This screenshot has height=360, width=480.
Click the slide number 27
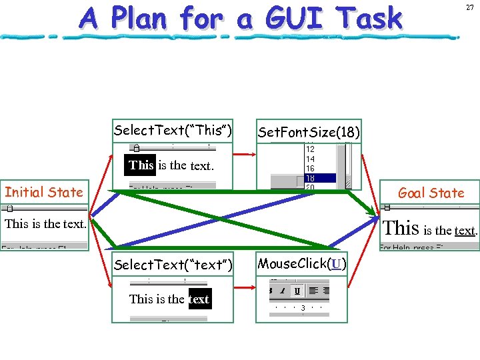pos(469,7)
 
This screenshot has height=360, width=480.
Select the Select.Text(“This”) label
pos(173,129)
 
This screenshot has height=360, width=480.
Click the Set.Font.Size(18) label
pos(309,132)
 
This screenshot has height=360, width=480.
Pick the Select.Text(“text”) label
pos(173,265)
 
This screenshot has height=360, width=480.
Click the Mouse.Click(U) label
pos(302,263)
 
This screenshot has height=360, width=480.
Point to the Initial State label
pos(44,193)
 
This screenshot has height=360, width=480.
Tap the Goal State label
pos(431,193)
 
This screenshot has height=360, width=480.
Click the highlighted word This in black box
pos(141,165)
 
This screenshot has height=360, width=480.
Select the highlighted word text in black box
pos(199,299)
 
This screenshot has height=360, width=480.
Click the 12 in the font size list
pos(310,150)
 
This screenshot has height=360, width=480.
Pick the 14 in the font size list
pos(310,159)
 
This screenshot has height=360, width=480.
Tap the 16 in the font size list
pos(310,169)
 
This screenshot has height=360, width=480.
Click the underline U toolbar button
pos(296,290)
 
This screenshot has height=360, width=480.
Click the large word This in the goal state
pos(401,229)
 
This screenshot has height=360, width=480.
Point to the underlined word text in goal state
pos(465,231)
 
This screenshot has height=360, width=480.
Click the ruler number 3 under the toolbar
pos(303,307)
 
